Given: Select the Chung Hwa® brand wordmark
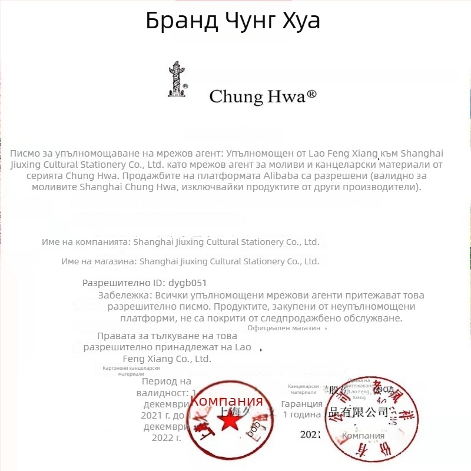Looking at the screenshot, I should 263,97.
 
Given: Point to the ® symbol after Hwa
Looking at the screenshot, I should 312,94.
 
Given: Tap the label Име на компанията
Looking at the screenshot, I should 85,242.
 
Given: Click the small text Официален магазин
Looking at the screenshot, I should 284,328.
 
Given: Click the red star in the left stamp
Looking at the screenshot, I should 230,421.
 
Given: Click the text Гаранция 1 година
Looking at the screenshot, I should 301,409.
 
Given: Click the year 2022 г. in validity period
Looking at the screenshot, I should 166,437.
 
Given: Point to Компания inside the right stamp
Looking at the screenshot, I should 363,436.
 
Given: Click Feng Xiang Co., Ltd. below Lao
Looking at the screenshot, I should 167,358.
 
